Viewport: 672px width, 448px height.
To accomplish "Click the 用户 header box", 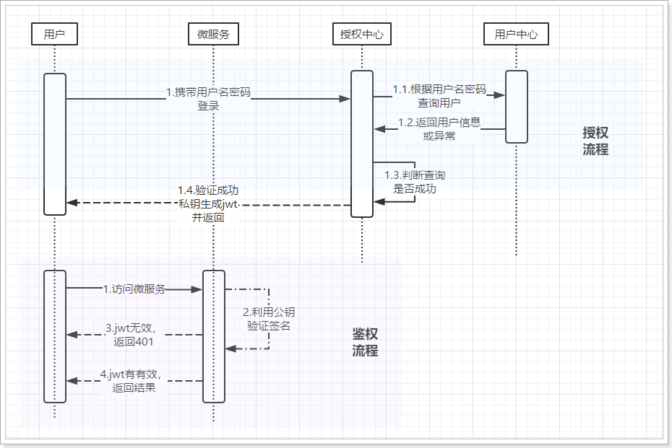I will (x=54, y=33).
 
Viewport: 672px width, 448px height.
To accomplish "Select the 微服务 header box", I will (x=213, y=33).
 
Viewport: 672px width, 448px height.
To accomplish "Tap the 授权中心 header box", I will (x=361, y=33).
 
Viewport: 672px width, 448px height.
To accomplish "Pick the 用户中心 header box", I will (x=516, y=33).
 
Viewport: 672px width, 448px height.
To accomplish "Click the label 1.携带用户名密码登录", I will (x=208, y=99).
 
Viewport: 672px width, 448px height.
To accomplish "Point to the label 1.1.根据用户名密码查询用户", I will (x=439, y=96).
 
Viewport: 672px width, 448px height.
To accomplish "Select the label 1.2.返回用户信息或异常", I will (x=439, y=128).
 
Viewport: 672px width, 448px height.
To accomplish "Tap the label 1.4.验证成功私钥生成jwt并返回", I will (x=208, y=203).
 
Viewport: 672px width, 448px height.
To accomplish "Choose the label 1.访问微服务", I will (x=134, y=289).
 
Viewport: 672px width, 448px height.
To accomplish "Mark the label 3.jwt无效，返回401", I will (x=134, y=335).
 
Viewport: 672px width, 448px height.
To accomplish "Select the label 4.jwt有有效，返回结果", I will (x=134, y=381).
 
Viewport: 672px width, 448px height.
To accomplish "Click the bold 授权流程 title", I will (x=595, y=141).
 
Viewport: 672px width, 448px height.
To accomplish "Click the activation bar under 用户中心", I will (x=516, y=106).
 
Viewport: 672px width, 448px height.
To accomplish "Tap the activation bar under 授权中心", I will (x=361, y=143).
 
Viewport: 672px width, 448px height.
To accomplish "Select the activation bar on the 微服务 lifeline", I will (x=213, y=335).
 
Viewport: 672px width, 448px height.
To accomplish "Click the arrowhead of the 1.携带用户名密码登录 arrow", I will (x=345, y=99).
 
